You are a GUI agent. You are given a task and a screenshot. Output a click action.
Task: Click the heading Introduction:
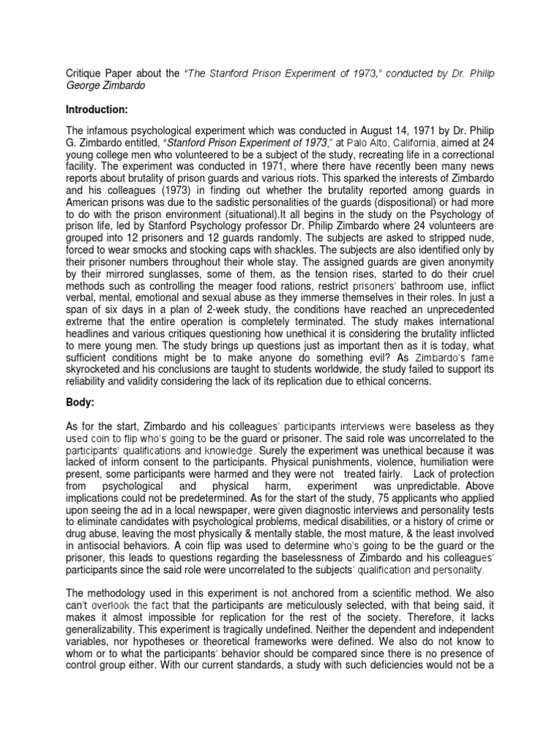pyautogui.click(x=87, y=109)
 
